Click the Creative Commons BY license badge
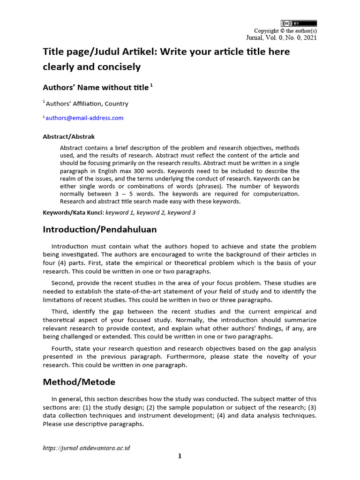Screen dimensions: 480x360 [x=299, y=23]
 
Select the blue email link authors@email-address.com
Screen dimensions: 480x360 [x=84, y=118]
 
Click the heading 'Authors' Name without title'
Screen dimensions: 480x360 [x=96, y=88]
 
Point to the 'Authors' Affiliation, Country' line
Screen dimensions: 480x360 [x=87, y=104]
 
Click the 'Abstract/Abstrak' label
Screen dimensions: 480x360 [x=68, y=137]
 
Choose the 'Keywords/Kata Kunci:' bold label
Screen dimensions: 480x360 [x=73, y=212]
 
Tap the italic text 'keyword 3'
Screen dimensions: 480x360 [x=181, y=212]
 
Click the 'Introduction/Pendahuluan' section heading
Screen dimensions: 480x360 [x=100, y=230]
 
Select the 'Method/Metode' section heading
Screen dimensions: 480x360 [x=79, y=382]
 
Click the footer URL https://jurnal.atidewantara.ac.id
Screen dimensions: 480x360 [x=86, y=448]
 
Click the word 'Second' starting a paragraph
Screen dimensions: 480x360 [x=62, y=283]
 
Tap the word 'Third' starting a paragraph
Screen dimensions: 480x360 [x=60, y=312]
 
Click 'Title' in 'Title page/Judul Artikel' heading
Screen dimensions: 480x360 [x=53, y=52]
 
